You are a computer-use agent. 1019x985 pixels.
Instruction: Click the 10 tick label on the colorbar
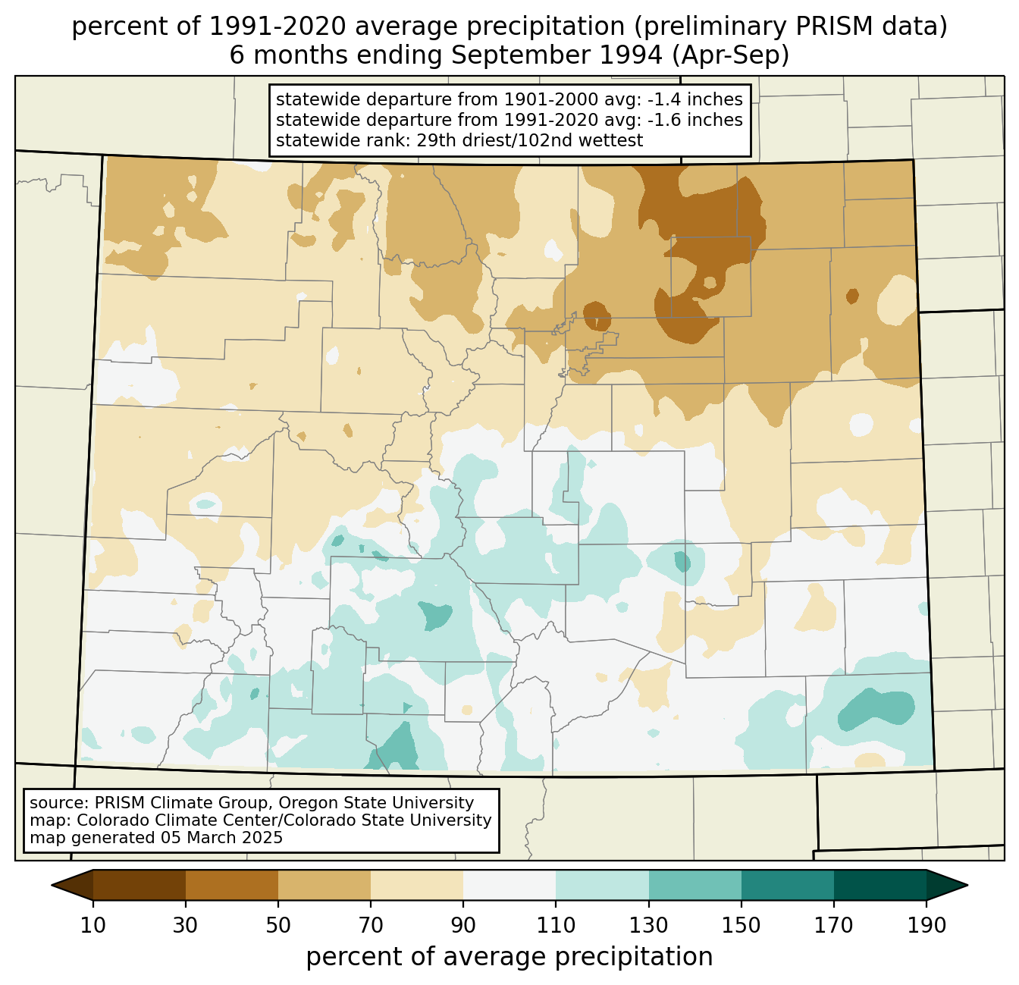click(93, 926)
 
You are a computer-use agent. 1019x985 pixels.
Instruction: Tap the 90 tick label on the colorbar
click(463, 926)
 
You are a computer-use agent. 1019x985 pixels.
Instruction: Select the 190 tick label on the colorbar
click(927, 926)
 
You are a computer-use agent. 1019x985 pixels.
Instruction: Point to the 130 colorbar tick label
click(649, 926)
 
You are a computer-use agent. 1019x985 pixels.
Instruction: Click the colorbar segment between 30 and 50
click(232, 885)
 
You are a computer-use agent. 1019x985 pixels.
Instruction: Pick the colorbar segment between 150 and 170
click(788, 885)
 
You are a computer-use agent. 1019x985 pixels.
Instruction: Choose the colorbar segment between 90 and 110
click(509, 885)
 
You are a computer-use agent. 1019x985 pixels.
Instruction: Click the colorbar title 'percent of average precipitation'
click(509, 957)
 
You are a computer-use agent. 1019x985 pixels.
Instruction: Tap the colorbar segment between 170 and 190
click(880, 885)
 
